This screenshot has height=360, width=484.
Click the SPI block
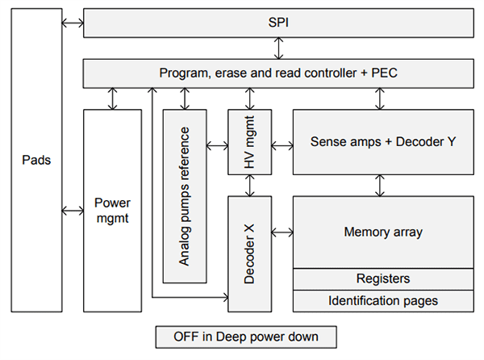tap(277, 23)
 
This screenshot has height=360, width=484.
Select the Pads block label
tap(36, 160)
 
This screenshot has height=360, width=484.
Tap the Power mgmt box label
tap(112, 211)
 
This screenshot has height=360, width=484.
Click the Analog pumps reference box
tap(185, 196)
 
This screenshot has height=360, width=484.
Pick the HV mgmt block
tap(248, 146)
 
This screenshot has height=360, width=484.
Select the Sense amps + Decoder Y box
tap(382, 142)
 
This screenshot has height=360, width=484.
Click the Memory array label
tap(382, 232)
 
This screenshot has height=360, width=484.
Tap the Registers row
tap(382, 278)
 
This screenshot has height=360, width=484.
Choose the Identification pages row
tap(382, 300)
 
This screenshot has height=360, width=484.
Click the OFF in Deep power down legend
tap(244, 336)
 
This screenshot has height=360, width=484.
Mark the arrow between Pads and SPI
tap(73, 23)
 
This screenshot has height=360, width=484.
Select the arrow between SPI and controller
tap(278, 48)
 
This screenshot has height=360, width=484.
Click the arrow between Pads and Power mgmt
tap(73, 211)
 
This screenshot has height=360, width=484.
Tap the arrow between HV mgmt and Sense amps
tap(282, 146)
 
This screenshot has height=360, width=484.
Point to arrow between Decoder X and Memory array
tap(282, 232)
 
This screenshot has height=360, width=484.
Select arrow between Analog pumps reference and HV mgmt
tap(217, 146)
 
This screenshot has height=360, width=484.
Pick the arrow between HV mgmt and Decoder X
tap(250, 185)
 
